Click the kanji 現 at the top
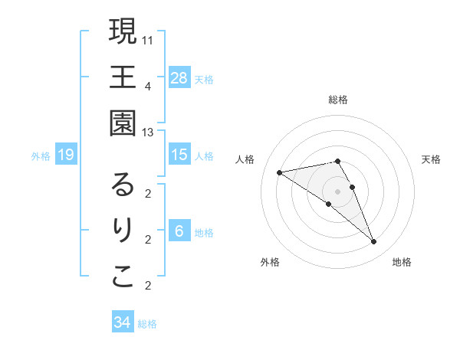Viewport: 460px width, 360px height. point(123,32)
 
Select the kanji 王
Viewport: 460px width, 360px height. point(123,77)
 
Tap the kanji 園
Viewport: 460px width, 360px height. point(123,123)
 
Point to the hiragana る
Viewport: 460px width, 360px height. point(123,185)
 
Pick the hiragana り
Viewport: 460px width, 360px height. point(123,231)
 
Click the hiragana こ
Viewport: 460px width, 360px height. point(123,277)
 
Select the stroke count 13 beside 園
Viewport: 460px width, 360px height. point(149,132)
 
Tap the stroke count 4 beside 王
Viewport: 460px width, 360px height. point(148,86)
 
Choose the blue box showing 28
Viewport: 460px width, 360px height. point(179,77)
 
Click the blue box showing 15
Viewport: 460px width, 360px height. point(179,155)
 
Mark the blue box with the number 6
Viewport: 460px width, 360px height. point(179,231)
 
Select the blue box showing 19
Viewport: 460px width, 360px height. point(66,155)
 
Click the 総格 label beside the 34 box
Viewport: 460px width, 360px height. point(147,324)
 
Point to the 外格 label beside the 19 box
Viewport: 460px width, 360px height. point(41,156)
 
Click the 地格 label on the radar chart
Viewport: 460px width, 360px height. point(402,262)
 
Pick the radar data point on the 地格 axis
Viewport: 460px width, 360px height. point(373,242)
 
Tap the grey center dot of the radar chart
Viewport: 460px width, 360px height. point(338,191)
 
